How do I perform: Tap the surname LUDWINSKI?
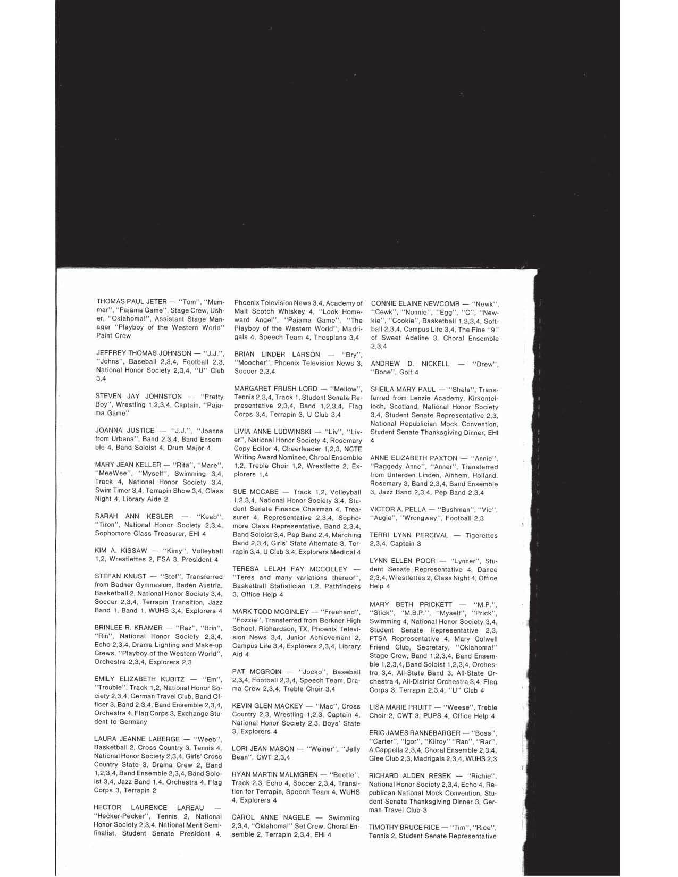click(299, 431)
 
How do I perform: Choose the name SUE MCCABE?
click(253, 492)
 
